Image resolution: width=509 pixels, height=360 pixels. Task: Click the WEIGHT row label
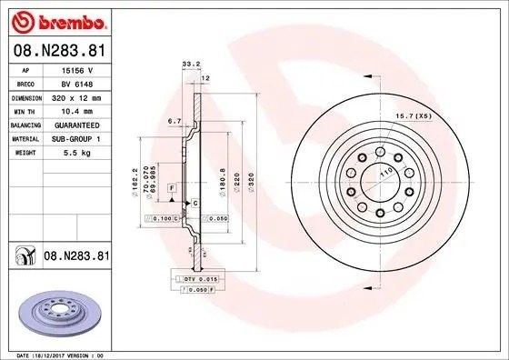(x=24, y=153)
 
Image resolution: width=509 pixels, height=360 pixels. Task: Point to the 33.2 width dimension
(x=192, y=64)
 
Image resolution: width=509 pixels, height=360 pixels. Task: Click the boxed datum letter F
(x=170, y=185)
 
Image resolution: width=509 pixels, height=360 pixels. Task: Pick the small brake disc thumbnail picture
(x=56, y=312)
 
